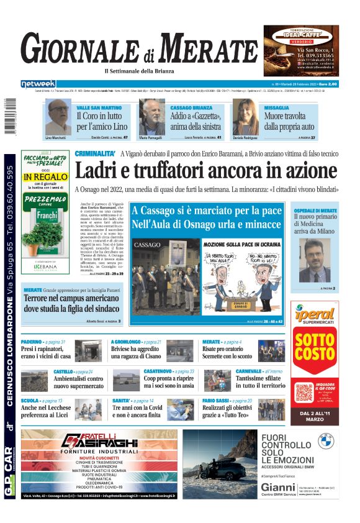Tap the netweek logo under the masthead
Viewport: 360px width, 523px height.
38,83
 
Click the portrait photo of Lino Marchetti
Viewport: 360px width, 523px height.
58,117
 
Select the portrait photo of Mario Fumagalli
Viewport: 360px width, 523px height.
152,117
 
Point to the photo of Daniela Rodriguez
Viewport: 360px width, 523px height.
245,117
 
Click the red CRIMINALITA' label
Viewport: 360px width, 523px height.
95,153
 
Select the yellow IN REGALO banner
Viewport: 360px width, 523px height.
44,176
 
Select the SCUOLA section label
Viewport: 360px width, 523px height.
30,401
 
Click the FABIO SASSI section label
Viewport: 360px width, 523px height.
217,401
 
